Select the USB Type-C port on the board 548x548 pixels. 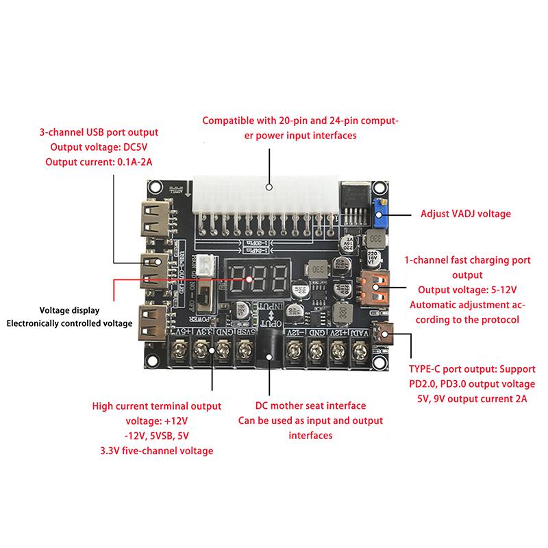pyautogui.click(x=385, y=335)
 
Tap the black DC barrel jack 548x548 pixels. pyautogui.click(x=270, y=347)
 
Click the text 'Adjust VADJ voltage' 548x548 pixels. pyautogui.click(x=466, y=214)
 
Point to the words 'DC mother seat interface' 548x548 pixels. pyautogui.click(x=310, y=406)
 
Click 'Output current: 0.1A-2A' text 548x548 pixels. pyautogui.click(x=99, y=162)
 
